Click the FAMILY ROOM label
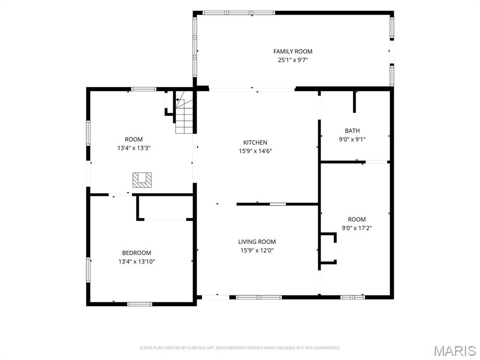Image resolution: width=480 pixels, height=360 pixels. [x=292, y=52]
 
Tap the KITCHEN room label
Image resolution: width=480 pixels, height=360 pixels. [x=255, y=142]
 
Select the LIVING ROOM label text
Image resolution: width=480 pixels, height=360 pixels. [x=257, y=241]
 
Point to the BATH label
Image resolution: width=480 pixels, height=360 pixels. [x=352, y=131]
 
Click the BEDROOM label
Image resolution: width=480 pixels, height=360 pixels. [x=136, y=253]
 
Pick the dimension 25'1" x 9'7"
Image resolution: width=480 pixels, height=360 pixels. [x=292, y=60]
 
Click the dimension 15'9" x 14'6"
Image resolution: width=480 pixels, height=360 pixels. [x=255, y=151]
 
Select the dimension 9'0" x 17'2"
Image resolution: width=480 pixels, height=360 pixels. [x=357, y=228]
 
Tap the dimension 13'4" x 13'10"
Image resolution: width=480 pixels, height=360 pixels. [x=136, y=262]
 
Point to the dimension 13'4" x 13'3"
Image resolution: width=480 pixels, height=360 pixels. [x=134, y=148]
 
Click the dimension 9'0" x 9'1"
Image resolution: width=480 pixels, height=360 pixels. [x=352, y=140]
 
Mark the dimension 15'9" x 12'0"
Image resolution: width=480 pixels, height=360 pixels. [x=257, y=250]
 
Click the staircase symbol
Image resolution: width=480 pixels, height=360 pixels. [x=184, y=112]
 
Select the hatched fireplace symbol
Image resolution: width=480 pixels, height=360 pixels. [x=142, y=180]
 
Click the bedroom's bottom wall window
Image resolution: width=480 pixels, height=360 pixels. [x=140, y=304]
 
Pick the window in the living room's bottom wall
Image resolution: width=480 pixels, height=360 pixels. [x=259, y=297]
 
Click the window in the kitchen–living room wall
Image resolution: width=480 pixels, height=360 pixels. [x=278, y=204]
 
